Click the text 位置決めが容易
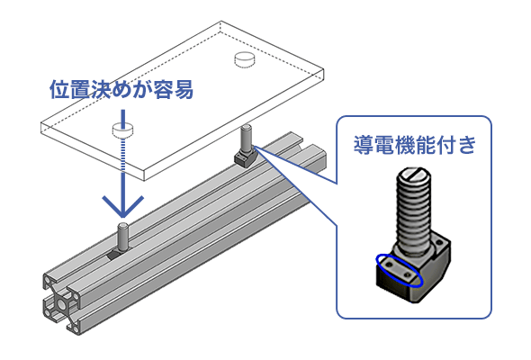click(121, 90)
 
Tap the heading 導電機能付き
click(415, 145)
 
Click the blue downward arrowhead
click(123, 207)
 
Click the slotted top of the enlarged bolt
click(414, 175)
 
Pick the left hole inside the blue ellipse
click(388, 264)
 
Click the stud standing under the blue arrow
click(122, 237)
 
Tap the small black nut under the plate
click(246, 157)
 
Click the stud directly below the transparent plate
click(246, 139)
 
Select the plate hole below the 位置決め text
click(122, 130)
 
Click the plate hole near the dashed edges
click(244, 59)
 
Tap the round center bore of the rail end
click(62, 304)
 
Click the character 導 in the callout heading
click(364, 145)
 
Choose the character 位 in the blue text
click(60, 90)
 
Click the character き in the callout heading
click(467, 145)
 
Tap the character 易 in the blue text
click(184, 90)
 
